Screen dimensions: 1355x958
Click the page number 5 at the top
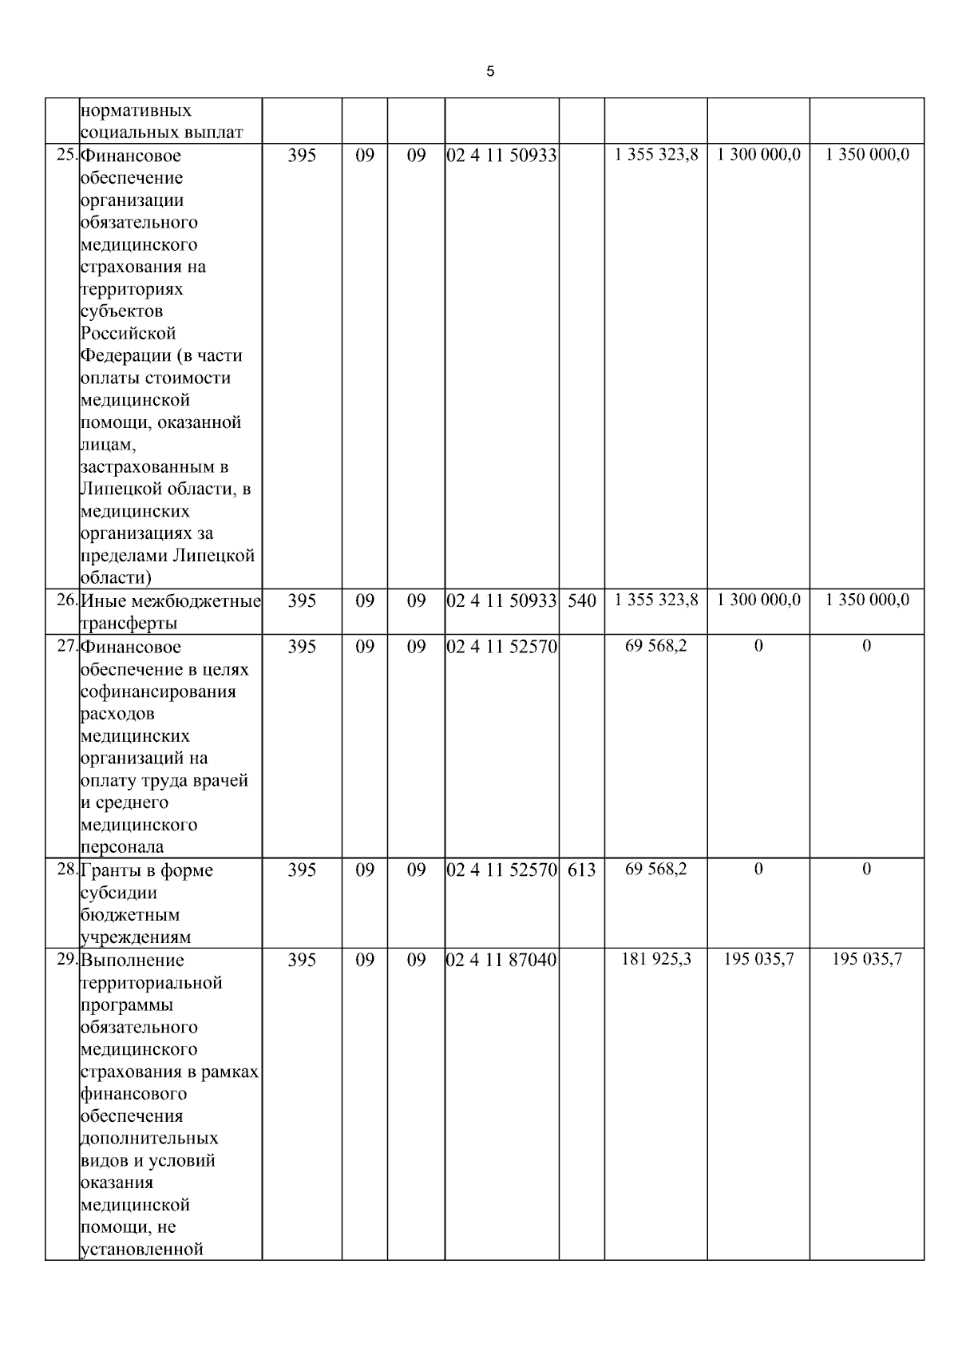coord(490,72)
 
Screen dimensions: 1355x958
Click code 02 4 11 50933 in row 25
coord(501,155)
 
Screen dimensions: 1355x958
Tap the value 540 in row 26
coord(582,600)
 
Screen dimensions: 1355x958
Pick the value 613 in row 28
coord(582,870)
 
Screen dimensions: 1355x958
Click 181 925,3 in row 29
coord(655,959)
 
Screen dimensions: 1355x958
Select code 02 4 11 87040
coord(501,960)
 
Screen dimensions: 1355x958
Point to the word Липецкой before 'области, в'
coord(120,489)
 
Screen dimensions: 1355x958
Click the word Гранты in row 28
coord(111,870)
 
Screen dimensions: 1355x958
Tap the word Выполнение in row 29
coord(133,960)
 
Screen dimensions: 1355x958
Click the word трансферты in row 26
coord(129,623)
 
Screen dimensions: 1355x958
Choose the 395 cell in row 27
coord(302,646)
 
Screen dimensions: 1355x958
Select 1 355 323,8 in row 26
coord(655,600)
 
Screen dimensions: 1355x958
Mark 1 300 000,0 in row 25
coord(758,154)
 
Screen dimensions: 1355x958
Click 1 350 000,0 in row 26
coord(867,600)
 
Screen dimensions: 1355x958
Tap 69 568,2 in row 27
coord(655,645)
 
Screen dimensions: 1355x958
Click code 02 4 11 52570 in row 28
coord(501,870)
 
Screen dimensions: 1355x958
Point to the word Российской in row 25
coord(128,333)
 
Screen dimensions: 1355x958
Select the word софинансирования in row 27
coord(158,691)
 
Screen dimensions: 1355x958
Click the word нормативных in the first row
coord(136,110)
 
